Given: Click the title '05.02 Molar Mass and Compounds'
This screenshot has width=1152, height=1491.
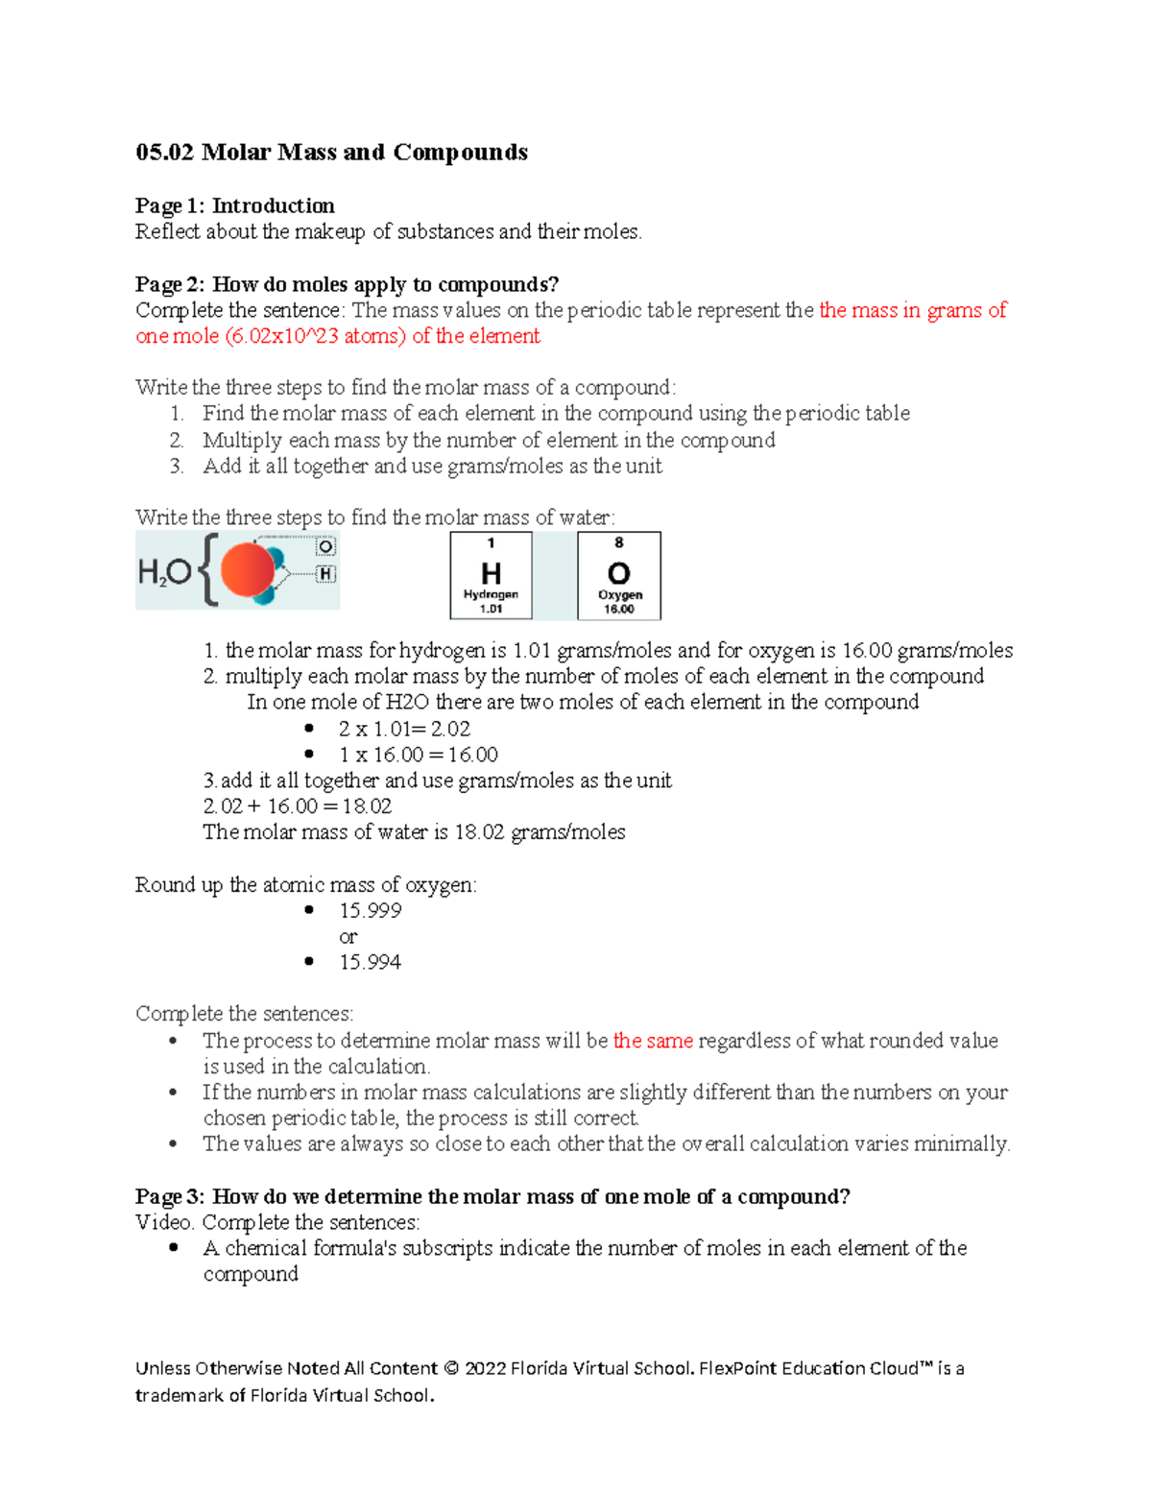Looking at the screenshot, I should click(x=331, y=153).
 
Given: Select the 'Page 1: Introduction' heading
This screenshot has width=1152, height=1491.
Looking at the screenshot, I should click(x=235, y=205).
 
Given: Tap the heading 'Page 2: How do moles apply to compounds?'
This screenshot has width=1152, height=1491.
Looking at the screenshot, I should click(x=347, y=284).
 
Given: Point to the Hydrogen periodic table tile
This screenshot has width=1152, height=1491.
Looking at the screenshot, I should click(x=491, y=575).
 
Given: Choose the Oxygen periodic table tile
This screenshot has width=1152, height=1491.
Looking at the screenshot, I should click(x=619, y=575).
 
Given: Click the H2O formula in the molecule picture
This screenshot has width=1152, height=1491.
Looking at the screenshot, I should click(x=164, y=573).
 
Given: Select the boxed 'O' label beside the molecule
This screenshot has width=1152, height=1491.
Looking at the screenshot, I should click(x=326, y=546).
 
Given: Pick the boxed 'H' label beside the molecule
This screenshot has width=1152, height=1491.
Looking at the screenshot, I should click(x=326, y=574).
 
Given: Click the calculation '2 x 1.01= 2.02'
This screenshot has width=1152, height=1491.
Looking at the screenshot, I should click(x=404, y=729).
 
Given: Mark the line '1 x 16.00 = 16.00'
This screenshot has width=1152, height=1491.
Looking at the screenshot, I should click(x=418, y=755).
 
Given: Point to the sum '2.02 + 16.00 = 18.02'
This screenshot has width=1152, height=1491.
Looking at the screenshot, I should click(x=298, y=806).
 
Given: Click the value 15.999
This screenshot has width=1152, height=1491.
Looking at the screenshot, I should click(x=370, y=910).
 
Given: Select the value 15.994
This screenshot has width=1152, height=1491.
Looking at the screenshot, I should click(x=370, y=962).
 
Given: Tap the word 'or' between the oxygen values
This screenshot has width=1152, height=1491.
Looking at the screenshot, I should click(x=348, y=937).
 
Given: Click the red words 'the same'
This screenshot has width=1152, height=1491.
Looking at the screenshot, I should click(x=653, y=1041).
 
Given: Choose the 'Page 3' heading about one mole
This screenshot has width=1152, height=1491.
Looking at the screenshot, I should click(x=492, y=1196).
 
